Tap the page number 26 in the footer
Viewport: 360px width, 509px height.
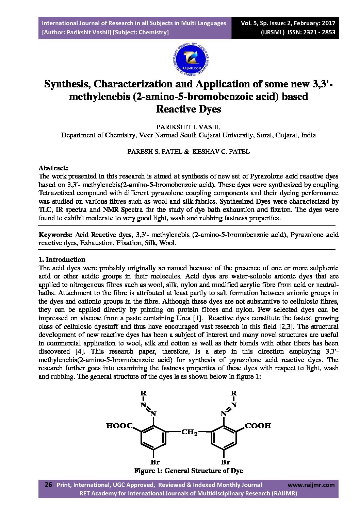49,485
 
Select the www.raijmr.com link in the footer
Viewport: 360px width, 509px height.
311,485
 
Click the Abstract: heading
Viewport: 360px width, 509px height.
53,168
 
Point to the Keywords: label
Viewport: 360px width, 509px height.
55,235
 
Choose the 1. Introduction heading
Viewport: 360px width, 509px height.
62,259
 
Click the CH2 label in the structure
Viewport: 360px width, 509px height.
189,432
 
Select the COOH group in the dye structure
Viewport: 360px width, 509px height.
258,426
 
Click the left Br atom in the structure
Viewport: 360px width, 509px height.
155,462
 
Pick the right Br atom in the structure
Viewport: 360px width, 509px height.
226,462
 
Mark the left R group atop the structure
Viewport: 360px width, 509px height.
143,393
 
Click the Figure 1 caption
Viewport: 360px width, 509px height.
189,471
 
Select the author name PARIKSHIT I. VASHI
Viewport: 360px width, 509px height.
188,127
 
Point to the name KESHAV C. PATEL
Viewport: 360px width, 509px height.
221,152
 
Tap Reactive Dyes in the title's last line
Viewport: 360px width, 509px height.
189,109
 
